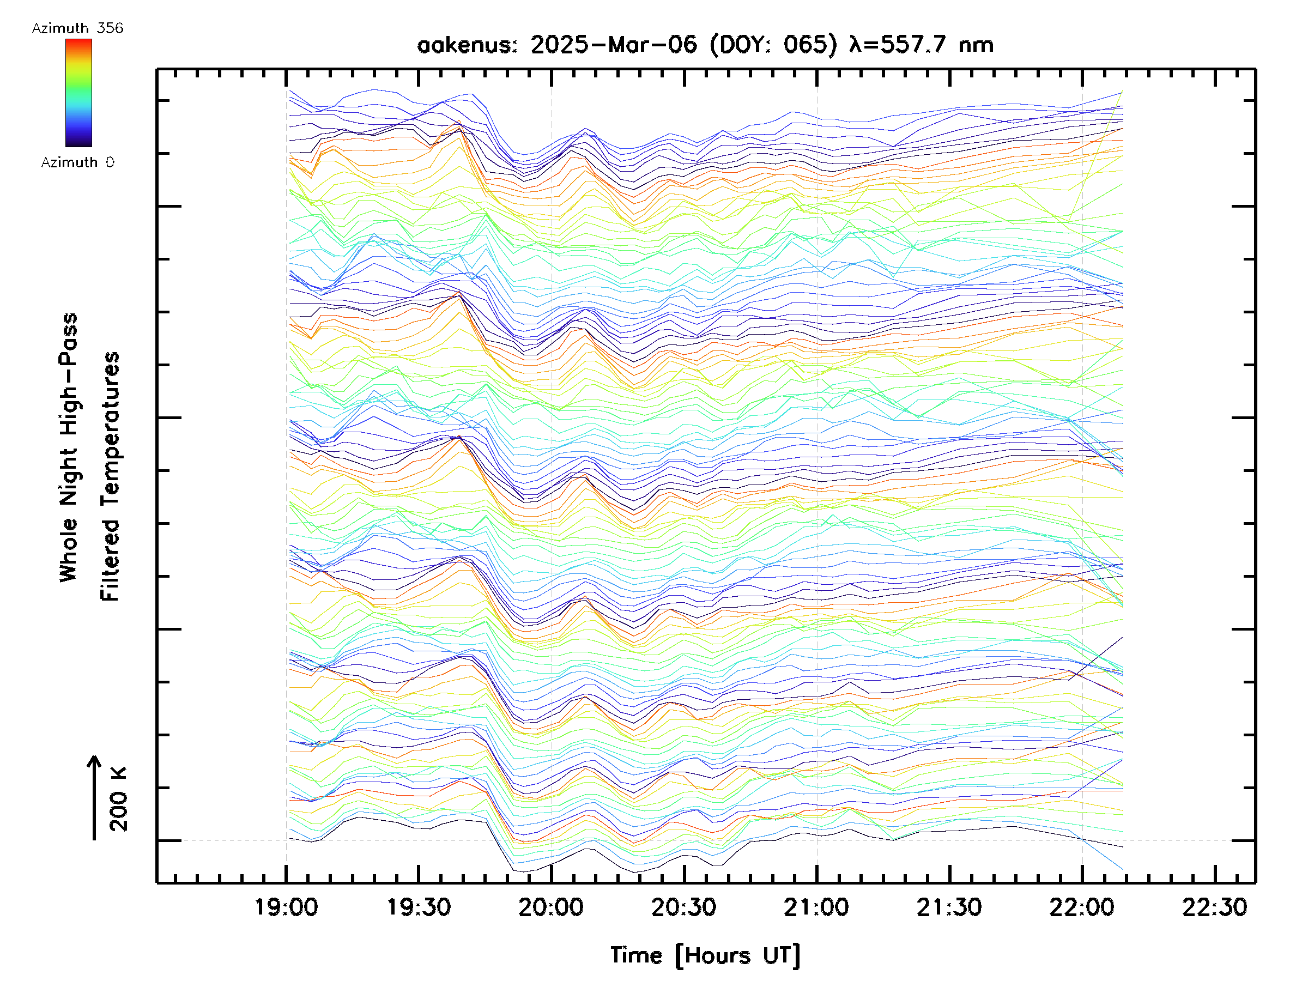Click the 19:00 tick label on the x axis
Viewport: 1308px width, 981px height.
286,907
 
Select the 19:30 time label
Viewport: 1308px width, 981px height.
419,907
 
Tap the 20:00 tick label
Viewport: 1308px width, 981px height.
551,907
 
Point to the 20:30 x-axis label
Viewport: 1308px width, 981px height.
683,907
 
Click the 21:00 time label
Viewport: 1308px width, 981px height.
816,907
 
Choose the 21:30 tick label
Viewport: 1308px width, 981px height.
949,907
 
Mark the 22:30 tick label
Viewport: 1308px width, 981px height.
1215,907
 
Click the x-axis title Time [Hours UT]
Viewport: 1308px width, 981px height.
705,955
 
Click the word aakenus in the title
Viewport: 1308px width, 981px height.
467,45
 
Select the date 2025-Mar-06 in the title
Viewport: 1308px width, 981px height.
614,45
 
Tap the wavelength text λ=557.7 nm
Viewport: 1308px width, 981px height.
921,45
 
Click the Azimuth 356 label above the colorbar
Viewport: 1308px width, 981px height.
77,28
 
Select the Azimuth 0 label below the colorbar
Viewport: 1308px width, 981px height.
77,162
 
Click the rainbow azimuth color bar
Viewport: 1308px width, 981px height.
78,93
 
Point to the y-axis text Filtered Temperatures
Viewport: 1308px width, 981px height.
110,477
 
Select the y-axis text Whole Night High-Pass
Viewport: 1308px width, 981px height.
69,447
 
